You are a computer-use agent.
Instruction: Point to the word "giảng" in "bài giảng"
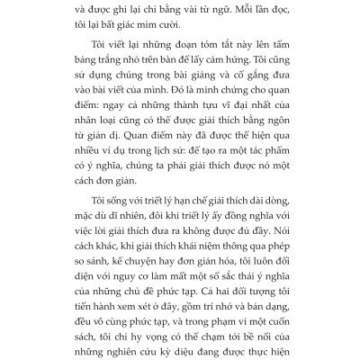coord(196,111)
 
